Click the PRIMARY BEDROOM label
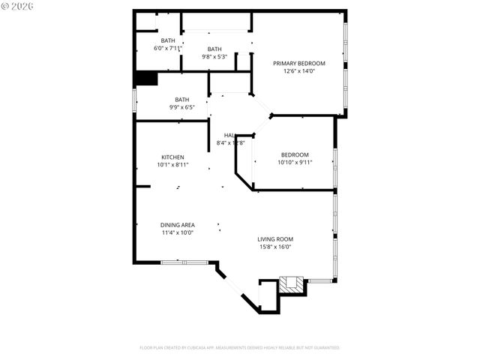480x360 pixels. [298, 64]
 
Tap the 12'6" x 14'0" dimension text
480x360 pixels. [298, 72]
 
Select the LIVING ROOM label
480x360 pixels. [275, 239]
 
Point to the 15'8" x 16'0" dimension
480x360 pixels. [275, 247]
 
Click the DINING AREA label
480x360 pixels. [178, 225]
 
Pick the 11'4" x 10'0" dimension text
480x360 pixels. [178, 232]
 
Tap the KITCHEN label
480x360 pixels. [172, 157]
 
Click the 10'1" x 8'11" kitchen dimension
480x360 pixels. [172, 165]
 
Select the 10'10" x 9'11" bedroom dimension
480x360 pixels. [295, 162]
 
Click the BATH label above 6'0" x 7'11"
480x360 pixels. [168, 40]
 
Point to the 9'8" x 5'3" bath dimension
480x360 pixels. [214, 56]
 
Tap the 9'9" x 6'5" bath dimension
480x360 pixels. [182, 107]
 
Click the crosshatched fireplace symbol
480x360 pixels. [292, 283]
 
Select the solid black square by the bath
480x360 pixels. [145, 79]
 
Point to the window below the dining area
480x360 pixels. [184, 262]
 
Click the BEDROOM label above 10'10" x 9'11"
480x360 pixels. [295, 154]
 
